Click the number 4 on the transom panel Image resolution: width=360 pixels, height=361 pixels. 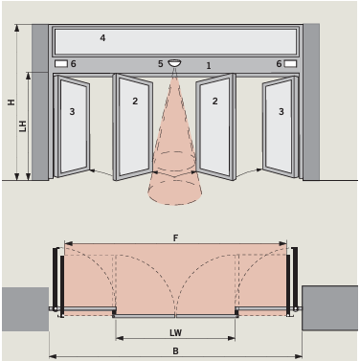(x=102, y=38)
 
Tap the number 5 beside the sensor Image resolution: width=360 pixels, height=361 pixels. (x=161, y=64)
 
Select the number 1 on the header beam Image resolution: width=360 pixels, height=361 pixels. (x=209, y=66)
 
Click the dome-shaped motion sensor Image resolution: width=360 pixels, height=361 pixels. (x=174, y=63)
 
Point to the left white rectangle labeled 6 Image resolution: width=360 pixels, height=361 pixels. (x=61, y=64)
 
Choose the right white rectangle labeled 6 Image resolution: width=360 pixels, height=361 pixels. (x=290, y=64)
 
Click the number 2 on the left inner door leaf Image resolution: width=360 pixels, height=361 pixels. (x=135, y=102)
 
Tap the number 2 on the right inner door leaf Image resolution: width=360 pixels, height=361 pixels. (x=214, y=102)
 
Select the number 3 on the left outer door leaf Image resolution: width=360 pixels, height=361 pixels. (x=72, y=112)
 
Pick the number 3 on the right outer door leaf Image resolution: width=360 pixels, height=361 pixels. (x=281, y=112)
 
